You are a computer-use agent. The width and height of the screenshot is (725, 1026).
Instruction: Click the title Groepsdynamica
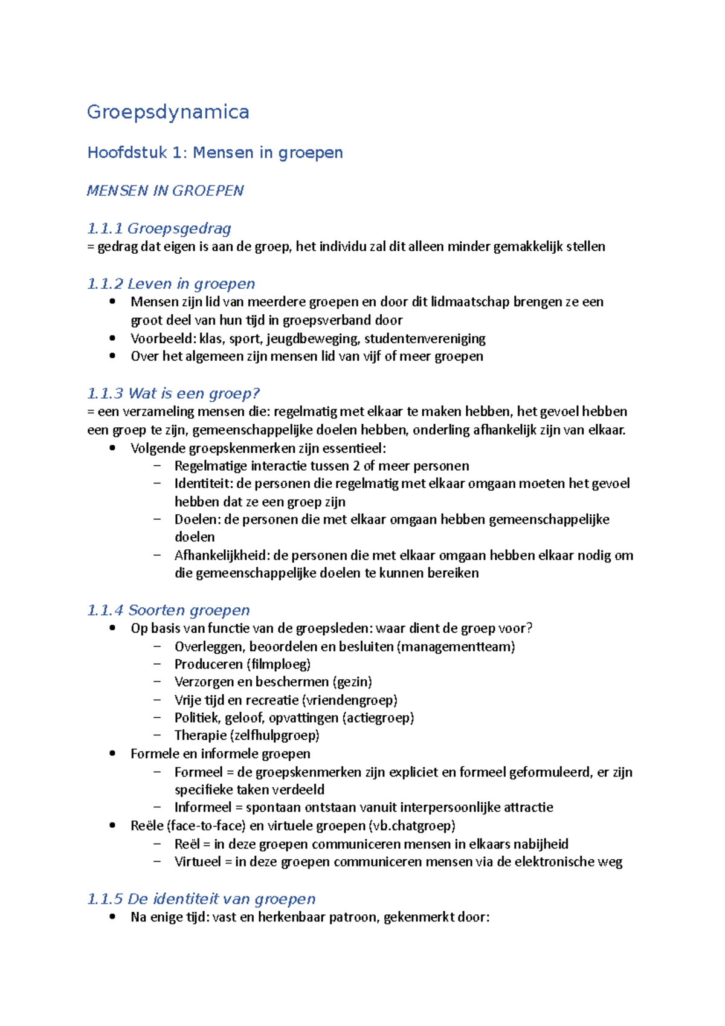tap(168, 112)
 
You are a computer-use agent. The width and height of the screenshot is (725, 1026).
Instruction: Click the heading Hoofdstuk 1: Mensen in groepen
tap(215, 152)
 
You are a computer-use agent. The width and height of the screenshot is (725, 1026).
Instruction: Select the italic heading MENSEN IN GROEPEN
tap(165, 190)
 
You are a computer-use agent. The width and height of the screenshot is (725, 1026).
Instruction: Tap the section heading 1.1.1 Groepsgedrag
tap(159, 228)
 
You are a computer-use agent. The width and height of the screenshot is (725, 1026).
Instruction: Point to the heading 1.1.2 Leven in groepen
tap(171, 283)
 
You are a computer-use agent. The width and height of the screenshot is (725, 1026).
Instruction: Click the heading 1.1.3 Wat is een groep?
tap(173, 393)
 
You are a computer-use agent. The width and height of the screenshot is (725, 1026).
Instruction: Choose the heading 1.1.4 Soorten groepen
tap(169, 610)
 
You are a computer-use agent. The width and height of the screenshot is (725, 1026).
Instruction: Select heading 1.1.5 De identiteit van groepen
tap(201, 899)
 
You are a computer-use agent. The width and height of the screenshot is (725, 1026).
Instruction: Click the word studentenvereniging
tap(425, 338)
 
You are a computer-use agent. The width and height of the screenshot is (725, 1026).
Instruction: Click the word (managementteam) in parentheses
tap(456, 647)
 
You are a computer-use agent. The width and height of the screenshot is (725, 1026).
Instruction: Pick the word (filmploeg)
tap(279, 664)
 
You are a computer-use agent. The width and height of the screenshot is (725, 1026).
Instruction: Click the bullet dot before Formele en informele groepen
tap(112, 753)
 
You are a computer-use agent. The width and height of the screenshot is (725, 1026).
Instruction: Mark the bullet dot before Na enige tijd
tap(112, 917)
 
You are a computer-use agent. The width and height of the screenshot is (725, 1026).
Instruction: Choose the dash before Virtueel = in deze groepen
tap(158, 862)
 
